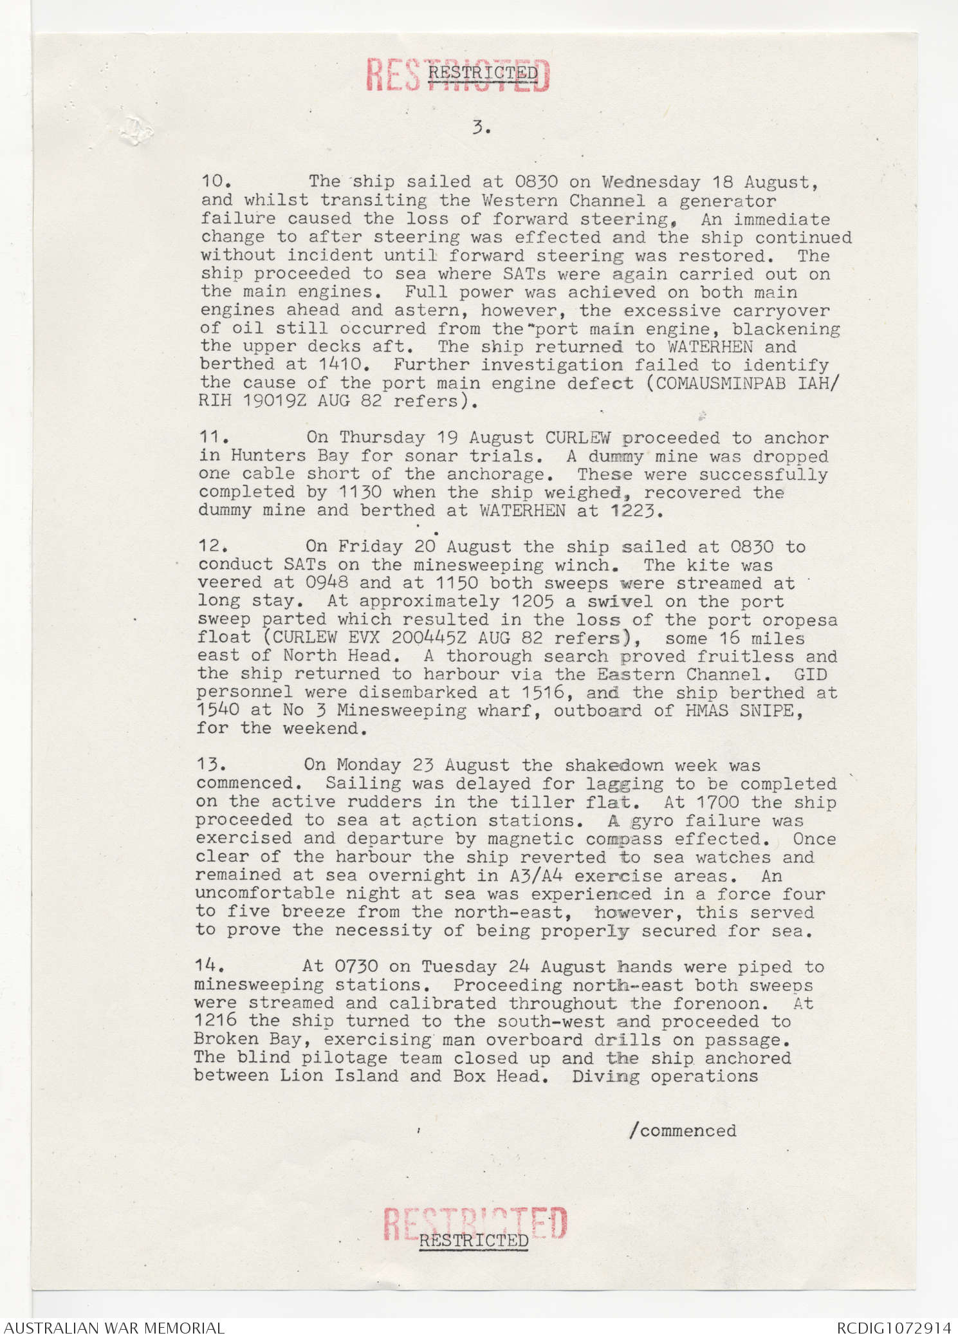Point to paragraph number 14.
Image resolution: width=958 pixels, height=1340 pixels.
pos(208,967)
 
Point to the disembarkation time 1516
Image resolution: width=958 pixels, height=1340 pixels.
pos(543,693)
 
